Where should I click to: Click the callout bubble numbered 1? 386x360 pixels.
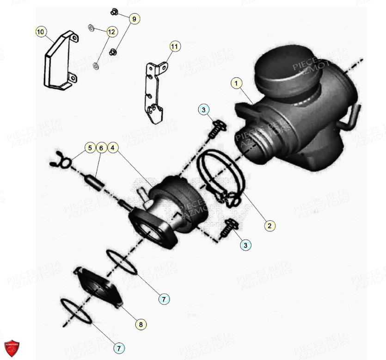pyautogui.click(x=236, y=83)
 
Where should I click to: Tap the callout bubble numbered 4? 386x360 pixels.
pyautogui.click(x=113, y=148)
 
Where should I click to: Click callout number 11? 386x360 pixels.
pyautogui.click(x=174, y=46)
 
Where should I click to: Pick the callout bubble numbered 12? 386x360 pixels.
pyautogui.click(x=111, y=32)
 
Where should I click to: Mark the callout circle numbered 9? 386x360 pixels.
pyautogui.click(x=134, y=19)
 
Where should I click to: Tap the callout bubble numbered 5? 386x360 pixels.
pyautogui.click(x=89, y=148)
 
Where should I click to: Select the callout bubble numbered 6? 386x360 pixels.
pyautogui.click(x=101, y=148)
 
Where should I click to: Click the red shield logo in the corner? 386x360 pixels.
pyautogui.click(x=12, y=348)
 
